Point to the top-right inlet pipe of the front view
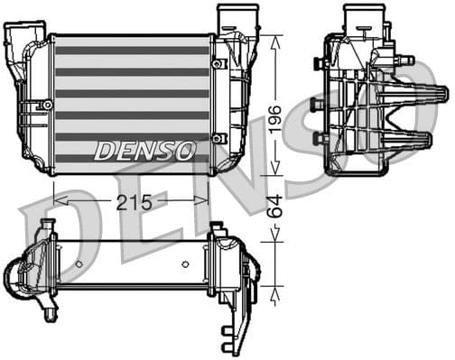[x=230, y=18]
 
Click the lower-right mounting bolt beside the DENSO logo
[x=218, y=138]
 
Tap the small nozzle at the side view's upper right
[x=407, y=60]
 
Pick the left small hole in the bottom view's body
[x=79, y=263]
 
